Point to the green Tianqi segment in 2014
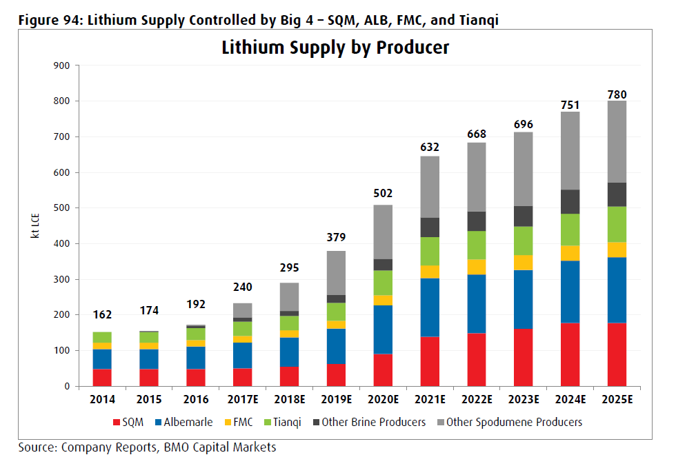(102, 337)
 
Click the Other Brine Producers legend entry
(373, 422)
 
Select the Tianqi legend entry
(281, 422)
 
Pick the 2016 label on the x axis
(197, 398)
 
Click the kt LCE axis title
(34, 225)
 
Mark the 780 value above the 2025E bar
(616, 94)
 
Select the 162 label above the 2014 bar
(102, 314)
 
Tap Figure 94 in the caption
(47, 20)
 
